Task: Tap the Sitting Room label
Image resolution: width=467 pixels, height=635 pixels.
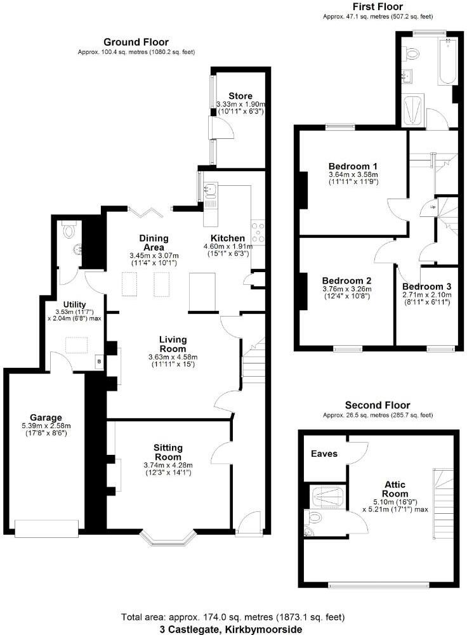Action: pos(168,452)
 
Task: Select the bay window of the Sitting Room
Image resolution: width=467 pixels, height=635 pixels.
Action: pos(168,540)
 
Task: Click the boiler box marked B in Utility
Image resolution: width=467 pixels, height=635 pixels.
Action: pos(98,362)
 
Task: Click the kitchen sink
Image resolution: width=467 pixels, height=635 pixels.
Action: pos(211,188)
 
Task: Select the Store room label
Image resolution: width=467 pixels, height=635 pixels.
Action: pos(240,96)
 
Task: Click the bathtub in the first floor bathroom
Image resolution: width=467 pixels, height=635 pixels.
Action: pos(447,63)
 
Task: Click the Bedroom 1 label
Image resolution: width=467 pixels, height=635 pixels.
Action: pos(353,165)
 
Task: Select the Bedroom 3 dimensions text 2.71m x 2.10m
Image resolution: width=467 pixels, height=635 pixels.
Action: pos(426,294)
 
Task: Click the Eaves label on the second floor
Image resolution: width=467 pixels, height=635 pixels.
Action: pos(324,454)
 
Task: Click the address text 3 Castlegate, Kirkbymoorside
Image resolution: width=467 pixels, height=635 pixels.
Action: pos(232,629)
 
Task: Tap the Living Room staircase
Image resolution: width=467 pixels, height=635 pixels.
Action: pos(255,362)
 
